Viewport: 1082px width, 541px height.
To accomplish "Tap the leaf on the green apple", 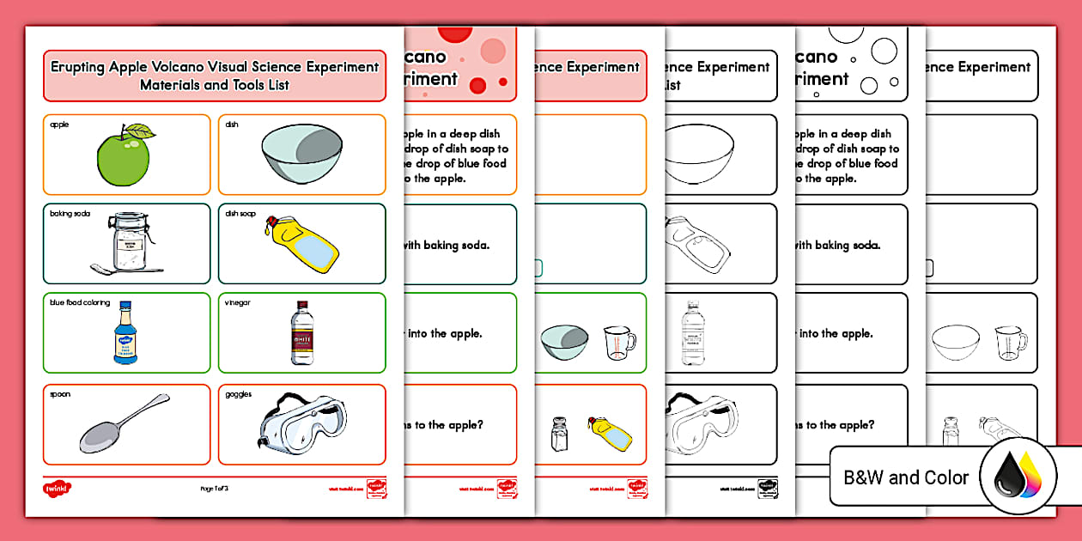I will [141, 132].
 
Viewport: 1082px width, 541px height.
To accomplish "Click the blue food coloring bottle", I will [126, 332].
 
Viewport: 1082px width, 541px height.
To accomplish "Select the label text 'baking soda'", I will [70, 214].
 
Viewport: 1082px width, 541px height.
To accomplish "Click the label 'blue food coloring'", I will [80, 302].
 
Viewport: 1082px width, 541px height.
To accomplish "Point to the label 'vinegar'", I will [237, 302].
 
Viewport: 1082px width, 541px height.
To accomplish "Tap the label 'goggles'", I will [238, 394].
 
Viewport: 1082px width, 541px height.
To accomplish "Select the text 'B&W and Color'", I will [907, 477].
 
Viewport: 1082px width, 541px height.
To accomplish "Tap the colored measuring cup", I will [618, 343].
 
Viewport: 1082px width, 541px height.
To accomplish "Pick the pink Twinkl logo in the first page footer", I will [57, 488].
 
